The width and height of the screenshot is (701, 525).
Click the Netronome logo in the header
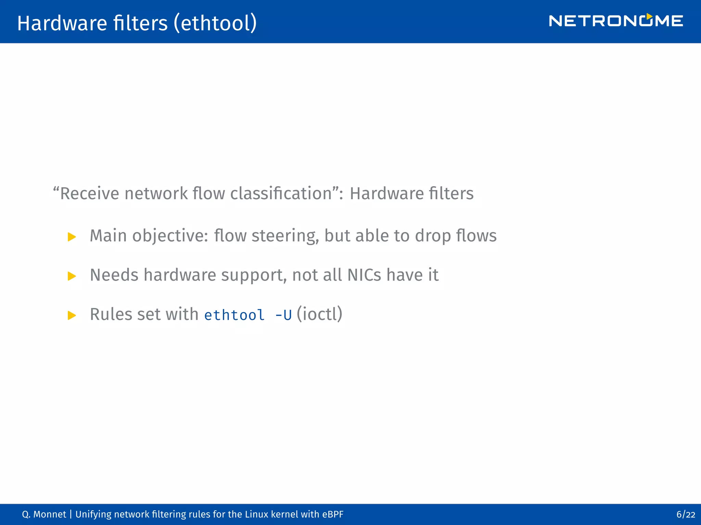[x=616, y=21]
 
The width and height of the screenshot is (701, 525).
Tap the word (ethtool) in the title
[x=215, y=23]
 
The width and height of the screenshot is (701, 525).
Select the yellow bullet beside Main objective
[x=72, y=237]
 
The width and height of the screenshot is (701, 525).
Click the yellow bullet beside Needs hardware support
[x=72, y=276]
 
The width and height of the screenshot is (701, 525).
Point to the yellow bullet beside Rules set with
[x=72, y=315]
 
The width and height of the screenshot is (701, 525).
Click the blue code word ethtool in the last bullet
[x=234, y=315]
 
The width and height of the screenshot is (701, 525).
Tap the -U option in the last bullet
[x=283, y=315]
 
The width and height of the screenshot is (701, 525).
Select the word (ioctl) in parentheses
[x=319, y=314]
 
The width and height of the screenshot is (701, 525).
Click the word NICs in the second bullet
[x=364, y=275]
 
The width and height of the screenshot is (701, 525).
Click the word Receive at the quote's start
[x=89, y=193]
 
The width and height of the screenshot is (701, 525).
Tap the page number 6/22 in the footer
[x=686, y=514]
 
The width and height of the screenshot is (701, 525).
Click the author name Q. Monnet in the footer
[x=44, y=514]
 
